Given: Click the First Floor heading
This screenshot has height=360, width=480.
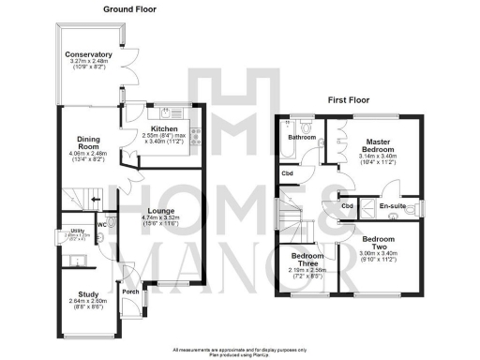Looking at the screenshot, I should tap(352, 98).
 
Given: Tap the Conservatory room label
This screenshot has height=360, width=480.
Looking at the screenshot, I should tap(88, 55).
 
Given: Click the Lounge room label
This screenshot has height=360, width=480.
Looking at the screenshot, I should tap(163, 212).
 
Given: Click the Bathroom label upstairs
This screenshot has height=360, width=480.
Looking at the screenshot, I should tap(302, 138).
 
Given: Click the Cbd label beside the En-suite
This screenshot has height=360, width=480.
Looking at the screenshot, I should tap(347, 206).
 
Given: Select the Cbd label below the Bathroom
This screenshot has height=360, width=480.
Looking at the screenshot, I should tap(287, 173).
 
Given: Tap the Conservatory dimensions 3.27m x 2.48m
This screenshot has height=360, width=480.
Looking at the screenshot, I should tap(88, 64).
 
